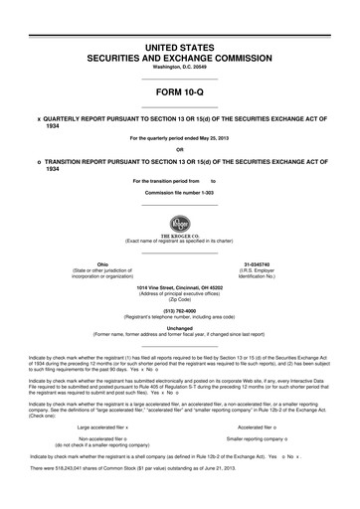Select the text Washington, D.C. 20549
[x=179, y=70]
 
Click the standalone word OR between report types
[x=180, y=150]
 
